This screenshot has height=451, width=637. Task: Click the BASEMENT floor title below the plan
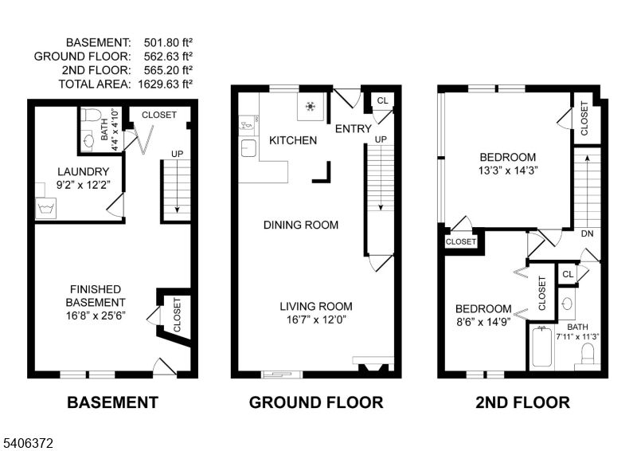[x=112, y=402]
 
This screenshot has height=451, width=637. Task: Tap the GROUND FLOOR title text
[x=316, y=402]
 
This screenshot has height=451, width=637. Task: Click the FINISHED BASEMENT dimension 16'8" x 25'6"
[x=96, y=316]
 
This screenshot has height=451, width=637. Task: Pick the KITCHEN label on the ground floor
[x=293, y=141]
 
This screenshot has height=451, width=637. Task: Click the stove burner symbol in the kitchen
[x=310, y=107]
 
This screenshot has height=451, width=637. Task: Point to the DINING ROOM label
[x=301, y=225]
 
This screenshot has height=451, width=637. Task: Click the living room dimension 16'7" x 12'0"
[x=316, y=320]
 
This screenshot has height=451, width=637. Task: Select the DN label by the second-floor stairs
[x=588, y=234]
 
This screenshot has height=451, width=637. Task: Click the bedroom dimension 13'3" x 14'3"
[x=508, y=171]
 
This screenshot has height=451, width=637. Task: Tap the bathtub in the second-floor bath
[x=541, y=347]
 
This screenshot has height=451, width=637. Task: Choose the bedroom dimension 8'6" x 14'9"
[x=483, y=323]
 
